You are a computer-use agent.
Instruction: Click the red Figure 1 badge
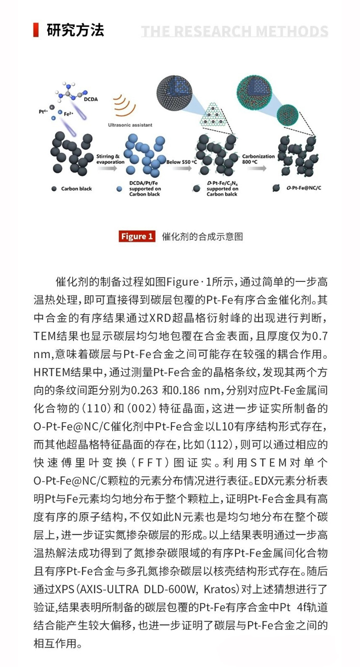pyautogui.click(x=137, y=236)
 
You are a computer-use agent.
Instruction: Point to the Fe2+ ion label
pyautogui.click(x=69, y=114)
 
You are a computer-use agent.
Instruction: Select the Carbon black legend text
pyautogui.click(x=76, y=189)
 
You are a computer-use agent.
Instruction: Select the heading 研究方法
pyautogui.click(x=75, y=30)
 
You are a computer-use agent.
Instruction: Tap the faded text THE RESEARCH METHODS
pyautogui.click(x=234, y=31)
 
